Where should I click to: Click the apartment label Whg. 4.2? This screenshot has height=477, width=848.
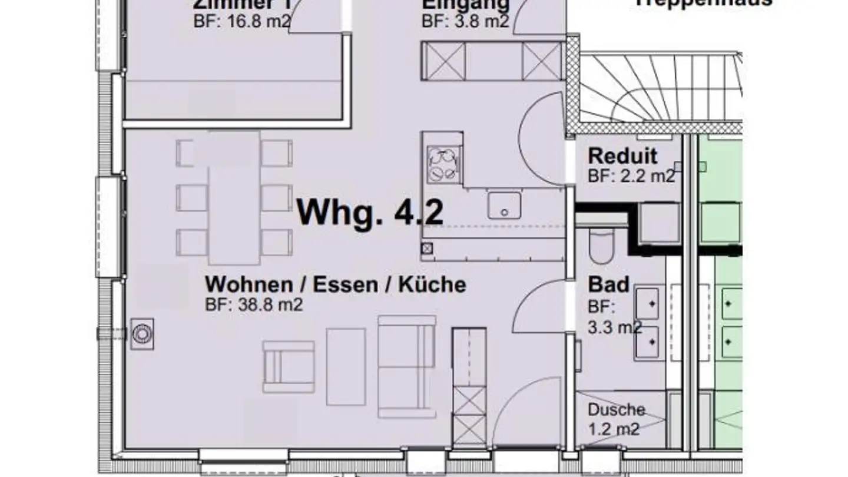[x=370, y=212]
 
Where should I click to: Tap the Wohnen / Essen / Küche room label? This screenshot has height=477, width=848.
[x=335, y=284]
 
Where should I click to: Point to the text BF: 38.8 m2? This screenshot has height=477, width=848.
[x=254, y=305]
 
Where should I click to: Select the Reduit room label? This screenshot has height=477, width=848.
[x=622, y=156]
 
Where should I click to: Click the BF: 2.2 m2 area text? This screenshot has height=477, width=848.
[x=631, y=175]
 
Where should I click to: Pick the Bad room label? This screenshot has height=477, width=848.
[x=609, y=284]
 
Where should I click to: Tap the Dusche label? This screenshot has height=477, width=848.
[x=616, y=410]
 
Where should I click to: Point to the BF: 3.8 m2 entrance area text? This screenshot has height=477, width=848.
[x=465, y=21]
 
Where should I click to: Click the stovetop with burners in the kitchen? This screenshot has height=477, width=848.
[x=442, y=164]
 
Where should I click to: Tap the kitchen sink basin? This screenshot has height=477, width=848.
[x=503, y=206]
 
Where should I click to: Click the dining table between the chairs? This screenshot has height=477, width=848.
[x=234, y=197]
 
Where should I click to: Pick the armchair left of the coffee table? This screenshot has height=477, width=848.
[x=289, y=366]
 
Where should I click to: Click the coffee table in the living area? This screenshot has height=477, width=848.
[x=346, y=366]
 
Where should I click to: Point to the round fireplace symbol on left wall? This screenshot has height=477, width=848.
[x=141, y=334]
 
